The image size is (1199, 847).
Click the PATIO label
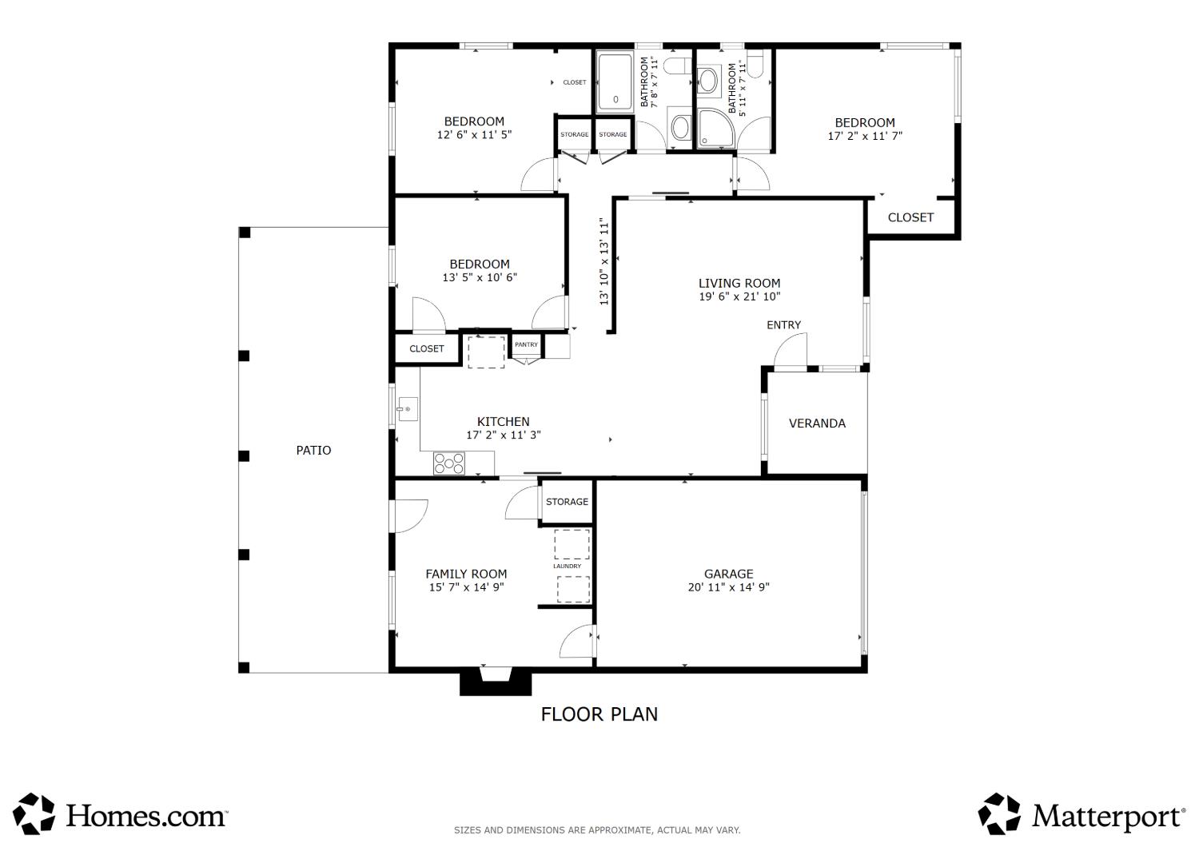(x=313, y=451)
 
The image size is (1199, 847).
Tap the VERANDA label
(x=818, y=423)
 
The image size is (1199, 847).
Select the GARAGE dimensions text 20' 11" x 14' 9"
(x=728, y=587)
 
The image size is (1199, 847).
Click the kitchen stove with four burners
(x=449, y=463)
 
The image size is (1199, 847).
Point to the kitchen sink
(x=408, y=409)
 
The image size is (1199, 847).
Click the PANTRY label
(x=526, y=344)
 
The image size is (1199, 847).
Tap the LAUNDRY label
(x=567, y=566)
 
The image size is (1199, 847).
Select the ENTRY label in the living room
(x=783, y=325)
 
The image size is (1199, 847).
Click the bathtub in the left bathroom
(x=615, y=82)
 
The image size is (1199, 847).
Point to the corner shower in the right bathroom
(x=715, y=128)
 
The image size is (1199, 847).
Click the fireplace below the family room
(x=496, y=682)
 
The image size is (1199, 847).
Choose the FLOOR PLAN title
(x=599, y=715)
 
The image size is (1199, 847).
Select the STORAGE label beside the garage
(x=567, y=502)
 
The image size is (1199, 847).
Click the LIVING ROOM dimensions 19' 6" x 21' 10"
(x=739, y=297)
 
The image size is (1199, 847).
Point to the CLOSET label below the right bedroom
(x=910, y=218)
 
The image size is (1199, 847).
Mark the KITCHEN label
(x=503, y=422)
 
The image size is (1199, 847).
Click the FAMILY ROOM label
(x=466, y=574)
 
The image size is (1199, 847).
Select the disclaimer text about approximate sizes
(x=597, y=830)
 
